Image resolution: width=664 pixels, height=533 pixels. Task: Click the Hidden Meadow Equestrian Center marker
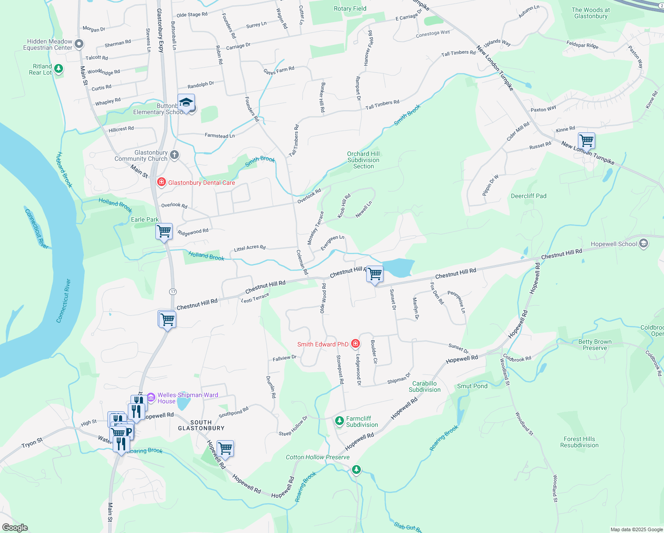click(x=79, y=44)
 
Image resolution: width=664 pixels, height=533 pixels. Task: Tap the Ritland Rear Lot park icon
click(x=59, y=69)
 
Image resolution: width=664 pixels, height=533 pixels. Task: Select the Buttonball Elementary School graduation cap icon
click(x=186, y=103)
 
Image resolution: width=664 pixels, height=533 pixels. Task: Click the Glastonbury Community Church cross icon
click(x=174, y=155)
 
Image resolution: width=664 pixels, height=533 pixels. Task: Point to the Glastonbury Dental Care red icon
click(x=162, y=182)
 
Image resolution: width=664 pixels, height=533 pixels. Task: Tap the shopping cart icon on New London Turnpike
click(x=586, y=141)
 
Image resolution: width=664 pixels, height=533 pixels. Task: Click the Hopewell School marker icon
click(x=644, y=243)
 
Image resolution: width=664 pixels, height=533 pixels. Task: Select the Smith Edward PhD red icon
click(x=355, y=344)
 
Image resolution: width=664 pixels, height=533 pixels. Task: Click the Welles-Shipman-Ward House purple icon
click(x=151, y=397)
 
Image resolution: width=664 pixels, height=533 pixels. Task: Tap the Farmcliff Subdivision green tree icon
click(x=340, y=421)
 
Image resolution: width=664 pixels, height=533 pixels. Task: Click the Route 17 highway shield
click(x=173, y=291)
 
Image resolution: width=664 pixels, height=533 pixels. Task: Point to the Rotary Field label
click(x=350, y=8)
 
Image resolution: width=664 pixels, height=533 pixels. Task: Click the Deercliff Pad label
click(x=529, y=196)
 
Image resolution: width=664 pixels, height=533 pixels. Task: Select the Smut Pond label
click(x=472, y=386)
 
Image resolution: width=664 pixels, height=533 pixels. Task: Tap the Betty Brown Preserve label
click(x=595, y=345)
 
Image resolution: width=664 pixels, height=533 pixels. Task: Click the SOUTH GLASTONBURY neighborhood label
click(x=201, y=425)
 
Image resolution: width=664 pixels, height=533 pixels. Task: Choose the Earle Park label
click(x=145, y=219)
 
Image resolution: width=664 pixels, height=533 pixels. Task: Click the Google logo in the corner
click(x=15, y=528)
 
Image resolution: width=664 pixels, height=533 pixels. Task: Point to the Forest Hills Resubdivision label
click(x=579, y=442)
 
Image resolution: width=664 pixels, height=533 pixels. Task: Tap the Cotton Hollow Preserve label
click(x=317, y=457)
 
